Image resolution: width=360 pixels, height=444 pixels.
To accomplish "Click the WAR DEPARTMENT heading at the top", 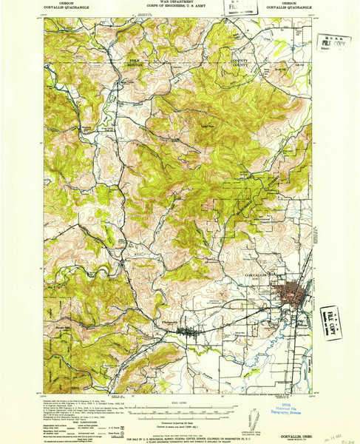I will coord(180,4).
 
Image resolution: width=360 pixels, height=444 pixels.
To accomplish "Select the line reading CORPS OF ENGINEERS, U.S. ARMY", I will coord(180,9).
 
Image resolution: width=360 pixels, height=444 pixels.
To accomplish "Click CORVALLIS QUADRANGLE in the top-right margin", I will coord(299,9).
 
